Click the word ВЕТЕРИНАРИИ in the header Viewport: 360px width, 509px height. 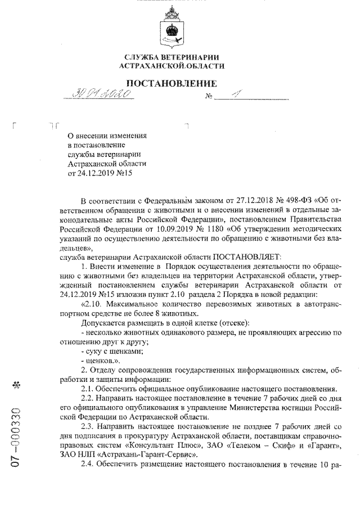coord(190,57)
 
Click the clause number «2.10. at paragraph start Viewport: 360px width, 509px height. coord(92,304)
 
